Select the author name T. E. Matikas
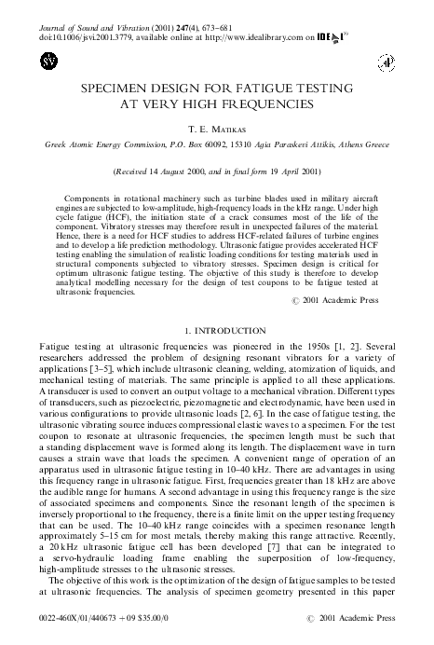coord(216,133)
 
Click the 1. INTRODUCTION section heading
coord(216,331)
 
